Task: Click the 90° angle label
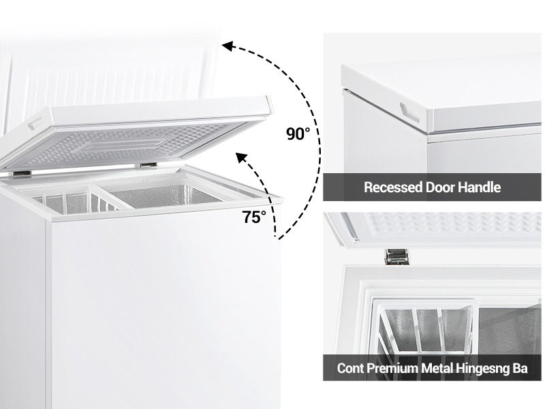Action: pos(298,134)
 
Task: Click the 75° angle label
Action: pos(254,217)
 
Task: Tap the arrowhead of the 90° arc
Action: pos(228,46)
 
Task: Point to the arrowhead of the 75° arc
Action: pos(241,158)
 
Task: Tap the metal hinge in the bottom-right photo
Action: pos(396,257)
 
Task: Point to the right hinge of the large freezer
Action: pos(148,165)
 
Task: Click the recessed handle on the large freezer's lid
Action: pos(35,123)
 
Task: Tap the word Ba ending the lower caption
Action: pos(520,368)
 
